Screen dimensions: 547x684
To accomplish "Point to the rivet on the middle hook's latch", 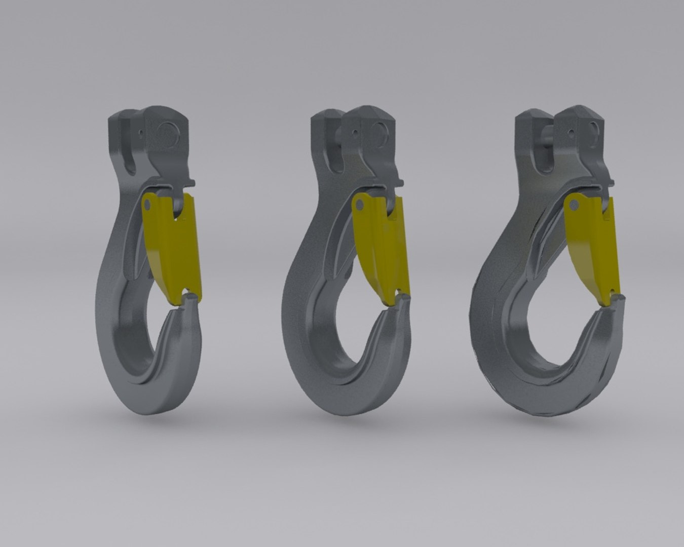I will coord(359,205).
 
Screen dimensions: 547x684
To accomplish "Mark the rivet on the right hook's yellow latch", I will coord(574,205).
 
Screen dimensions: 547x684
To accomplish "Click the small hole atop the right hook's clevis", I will coord(572,133).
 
